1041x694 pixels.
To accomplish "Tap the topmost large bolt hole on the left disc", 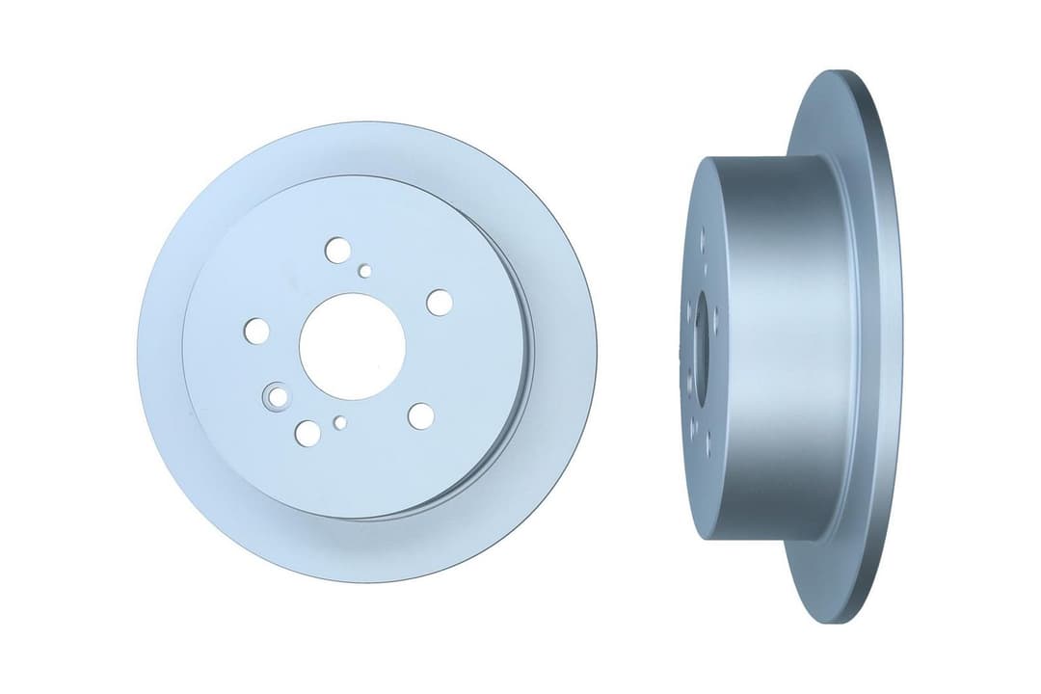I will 337,251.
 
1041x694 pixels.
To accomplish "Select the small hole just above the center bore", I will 364,272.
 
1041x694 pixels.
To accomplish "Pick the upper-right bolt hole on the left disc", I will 440,303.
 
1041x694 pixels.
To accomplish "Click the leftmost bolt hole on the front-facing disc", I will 256,331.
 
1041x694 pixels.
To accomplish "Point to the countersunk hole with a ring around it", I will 278,396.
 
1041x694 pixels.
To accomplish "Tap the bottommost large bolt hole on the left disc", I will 307,433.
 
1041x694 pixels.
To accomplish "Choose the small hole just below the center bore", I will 339,422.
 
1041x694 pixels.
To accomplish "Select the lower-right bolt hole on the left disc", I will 420,416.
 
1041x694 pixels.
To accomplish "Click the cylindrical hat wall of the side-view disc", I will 771,347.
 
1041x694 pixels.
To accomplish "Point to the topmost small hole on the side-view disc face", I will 702,233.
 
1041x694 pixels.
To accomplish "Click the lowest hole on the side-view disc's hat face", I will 708,445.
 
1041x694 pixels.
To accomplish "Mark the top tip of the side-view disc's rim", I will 841,73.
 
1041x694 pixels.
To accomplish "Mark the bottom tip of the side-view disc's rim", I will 841,621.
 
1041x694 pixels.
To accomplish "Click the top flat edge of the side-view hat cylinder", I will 761,158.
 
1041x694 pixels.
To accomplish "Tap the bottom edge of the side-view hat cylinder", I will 761,537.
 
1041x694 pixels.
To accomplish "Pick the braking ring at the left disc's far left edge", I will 160,352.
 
